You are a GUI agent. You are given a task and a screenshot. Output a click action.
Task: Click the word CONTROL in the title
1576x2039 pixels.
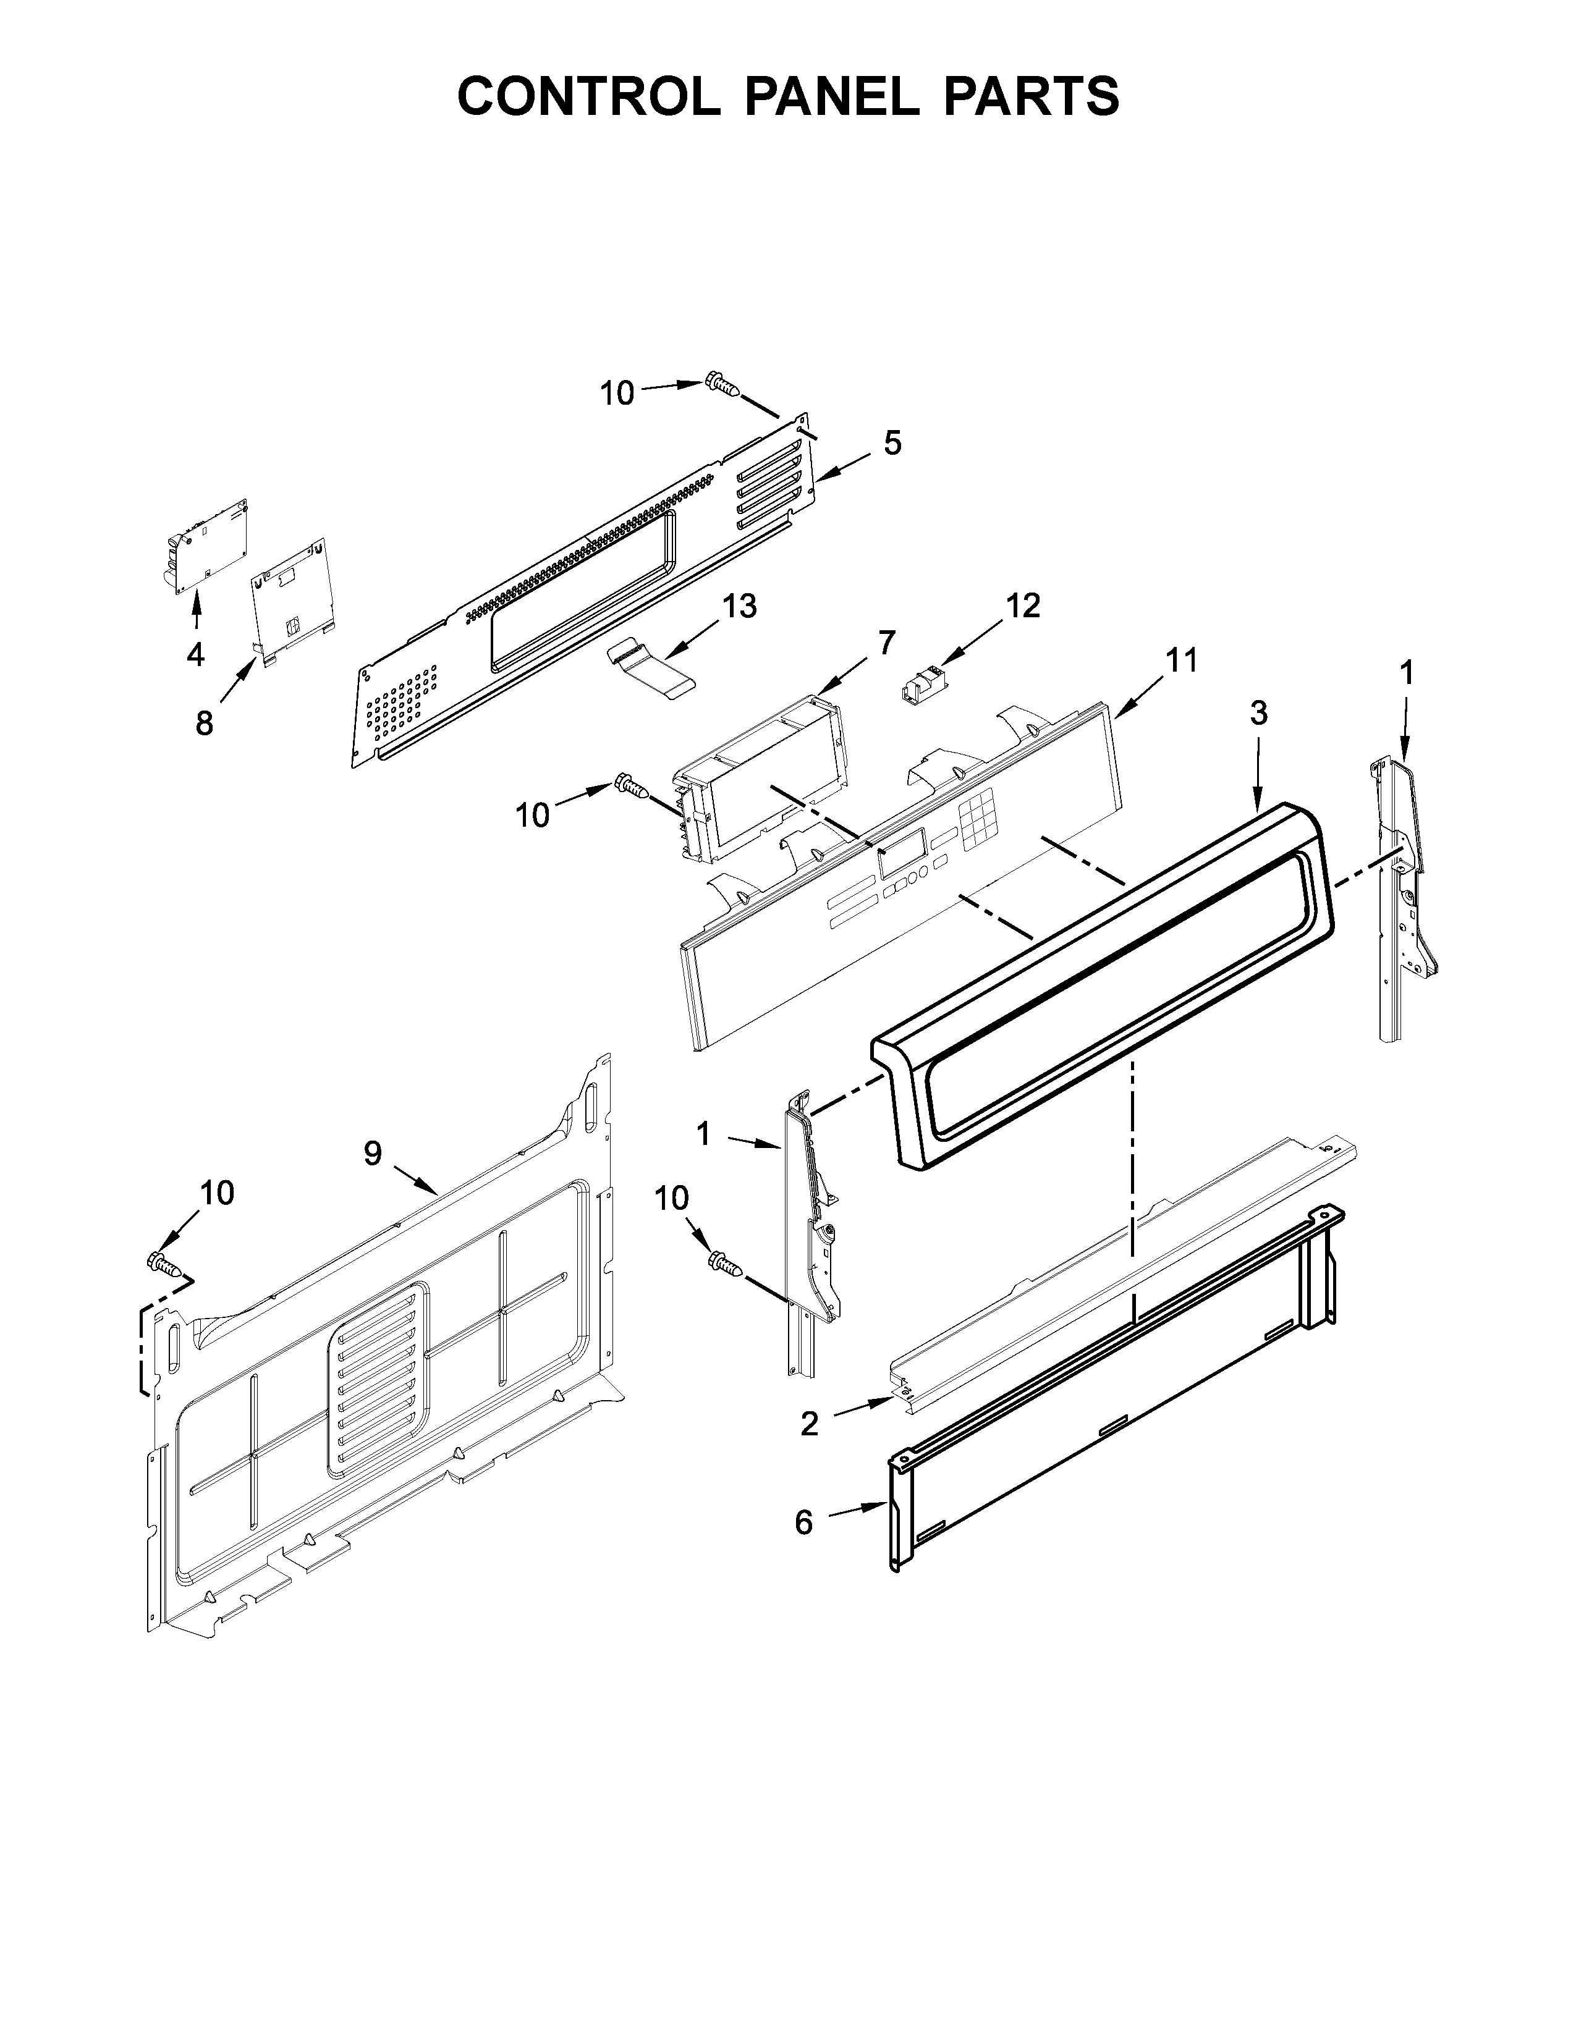coord(588,96)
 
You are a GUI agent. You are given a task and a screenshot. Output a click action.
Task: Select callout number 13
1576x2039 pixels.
coord(739,606)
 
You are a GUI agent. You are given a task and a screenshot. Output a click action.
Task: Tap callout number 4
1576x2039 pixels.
coord(195,656)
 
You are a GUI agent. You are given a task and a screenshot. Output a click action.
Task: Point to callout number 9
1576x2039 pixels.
coord(373,1154)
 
